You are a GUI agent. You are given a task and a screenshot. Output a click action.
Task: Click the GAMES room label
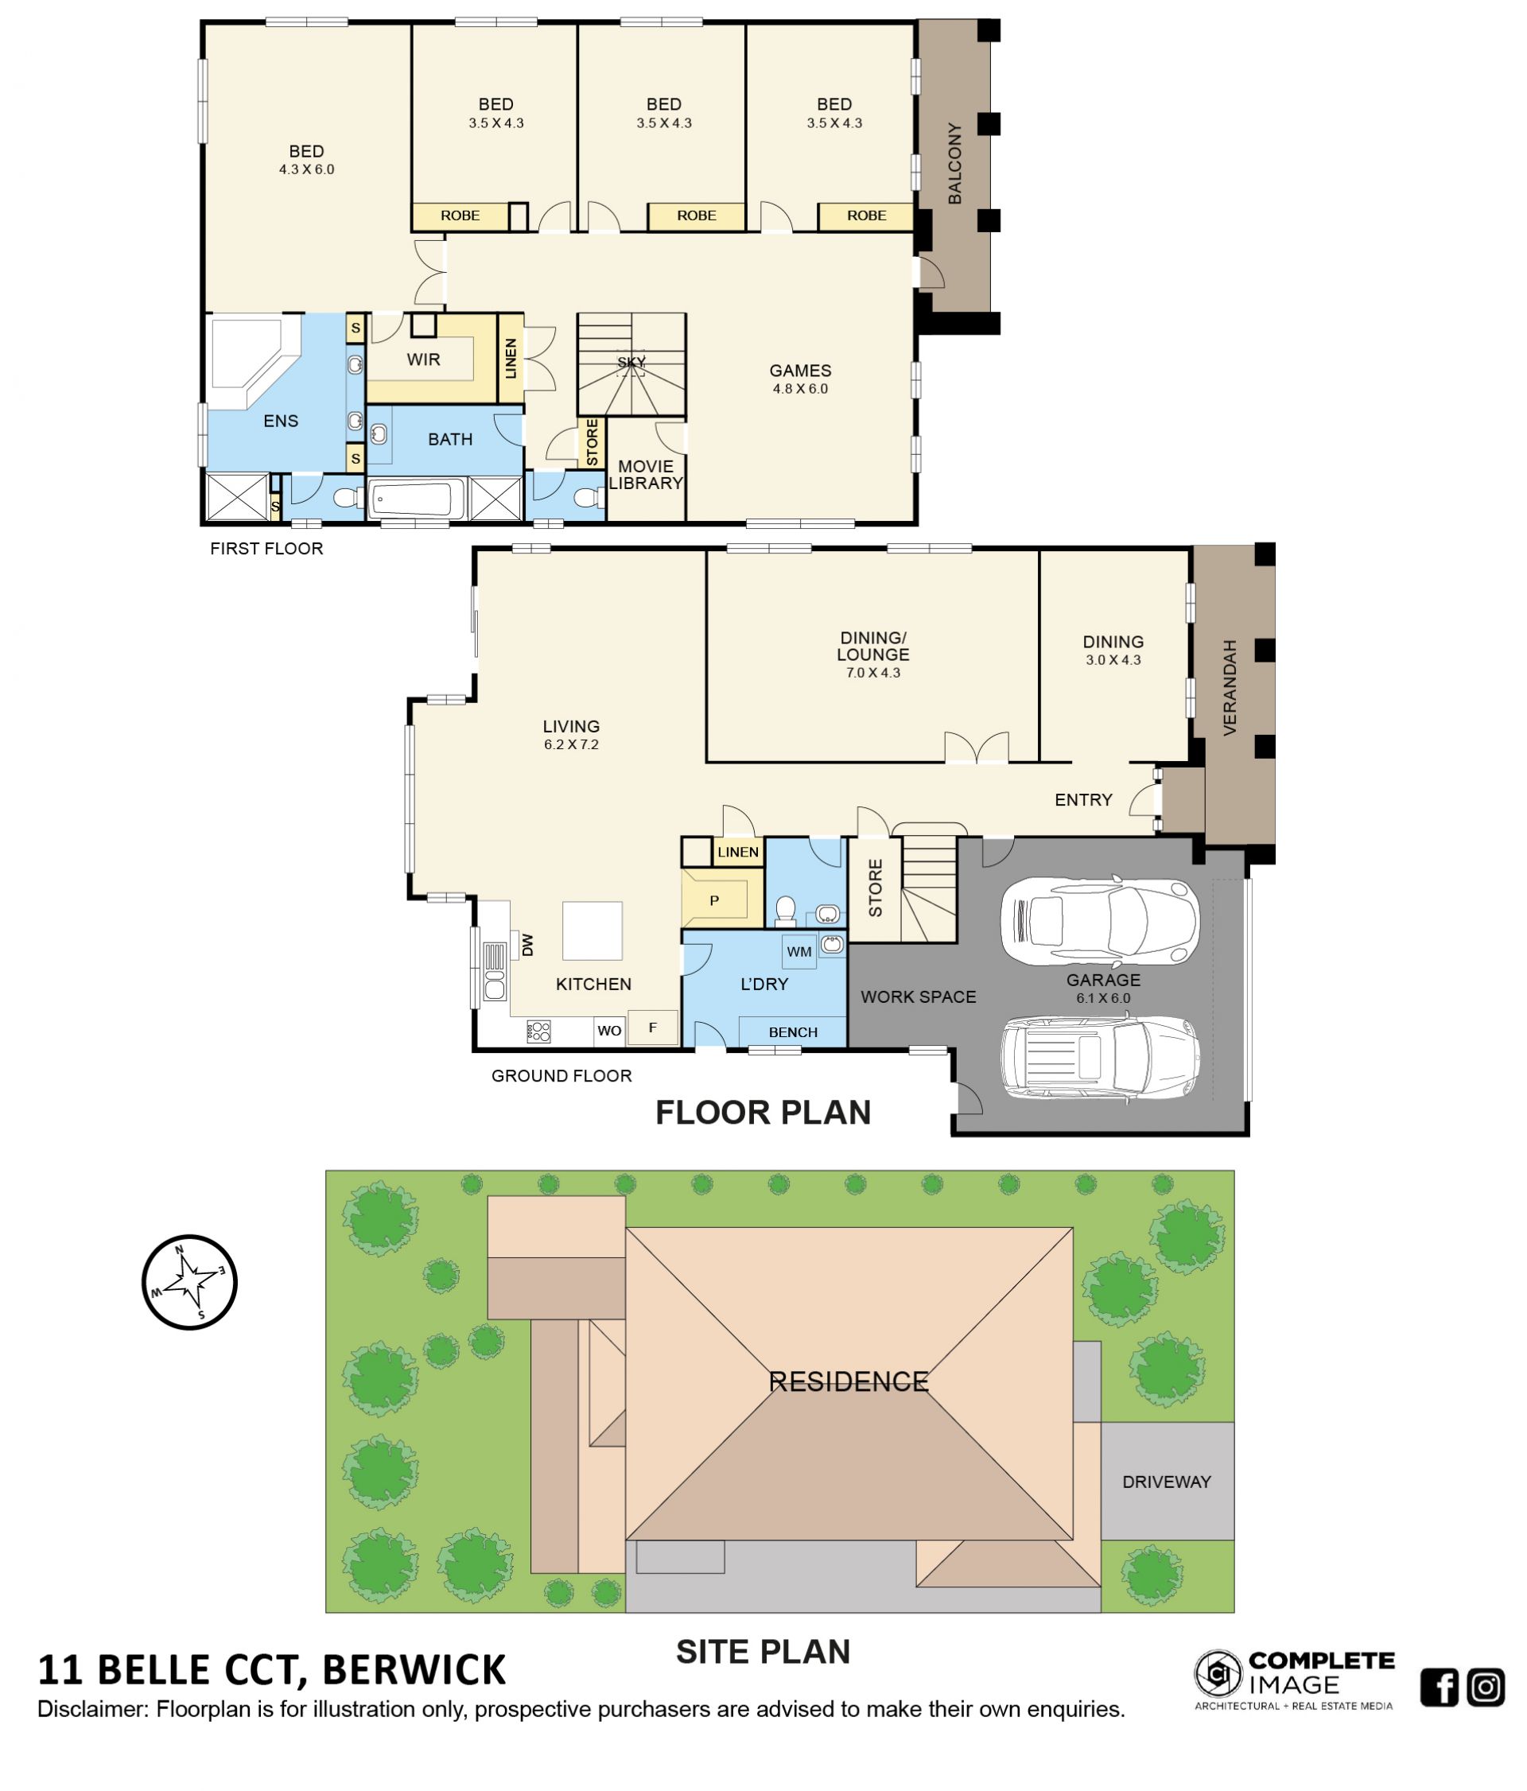point(799,370)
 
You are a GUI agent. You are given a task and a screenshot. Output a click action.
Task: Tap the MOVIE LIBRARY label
point(646,475)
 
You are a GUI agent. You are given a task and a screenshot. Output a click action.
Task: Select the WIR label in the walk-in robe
point(423,359)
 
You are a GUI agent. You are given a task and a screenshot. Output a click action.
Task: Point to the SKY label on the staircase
point(631,362)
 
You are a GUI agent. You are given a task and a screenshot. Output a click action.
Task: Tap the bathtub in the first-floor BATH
point(411,499)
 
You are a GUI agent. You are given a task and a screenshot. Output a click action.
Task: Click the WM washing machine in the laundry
point(798,952)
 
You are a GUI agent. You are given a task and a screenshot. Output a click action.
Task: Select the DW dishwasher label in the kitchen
point(527,944)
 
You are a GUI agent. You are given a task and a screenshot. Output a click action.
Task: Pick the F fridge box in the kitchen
point(652,1027)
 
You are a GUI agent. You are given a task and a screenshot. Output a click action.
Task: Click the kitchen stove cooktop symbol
point(538,1031)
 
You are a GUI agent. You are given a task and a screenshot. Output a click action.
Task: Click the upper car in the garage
point(1098,921)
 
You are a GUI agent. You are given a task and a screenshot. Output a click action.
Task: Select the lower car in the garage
point(1099,1057)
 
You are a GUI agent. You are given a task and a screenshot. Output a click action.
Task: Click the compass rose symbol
point(189,1282)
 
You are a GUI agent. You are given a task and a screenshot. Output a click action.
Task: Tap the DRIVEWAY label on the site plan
point(1166,1482)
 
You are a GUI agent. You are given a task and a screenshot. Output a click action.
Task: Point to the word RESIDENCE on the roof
point(848,1381)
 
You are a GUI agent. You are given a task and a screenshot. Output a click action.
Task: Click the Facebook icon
point(1439,1688)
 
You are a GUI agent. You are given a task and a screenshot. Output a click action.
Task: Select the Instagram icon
point(1486,1688)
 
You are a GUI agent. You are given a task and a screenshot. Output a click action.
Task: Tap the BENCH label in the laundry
point(792,1032)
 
